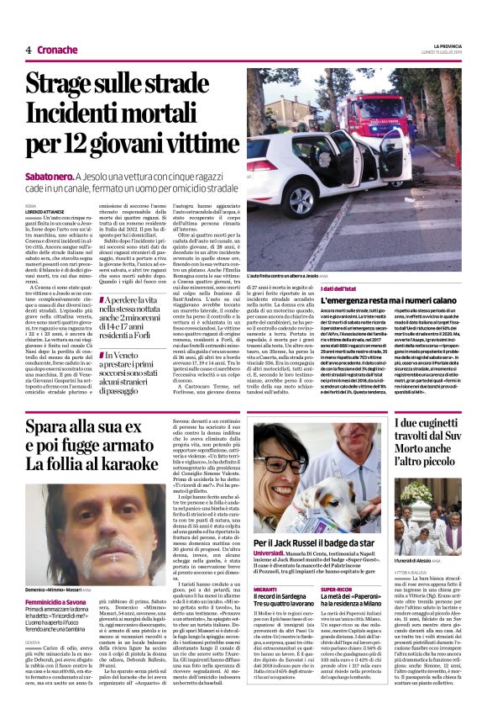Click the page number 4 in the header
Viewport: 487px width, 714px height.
point(28,50)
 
